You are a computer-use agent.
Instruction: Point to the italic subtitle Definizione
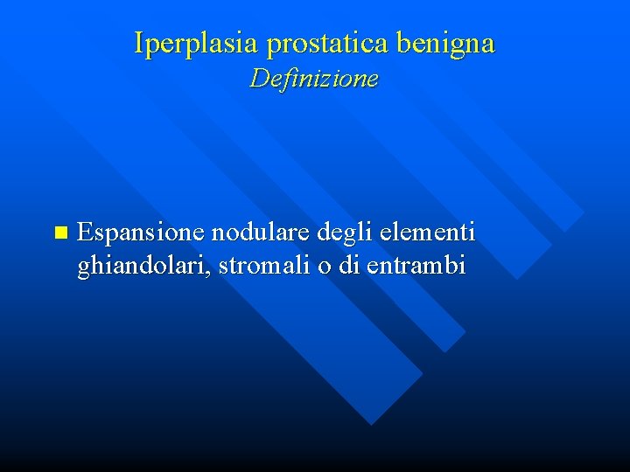pos(314,79)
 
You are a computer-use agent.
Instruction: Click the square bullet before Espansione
pos(59,233)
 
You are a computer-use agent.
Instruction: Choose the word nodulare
pos(255,233)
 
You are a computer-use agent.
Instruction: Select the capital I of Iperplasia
pos(139,42)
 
